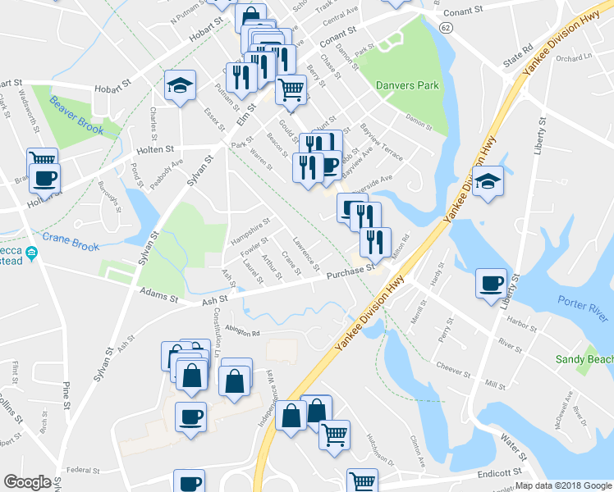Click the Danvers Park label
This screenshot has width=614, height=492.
click(x=407, y=85)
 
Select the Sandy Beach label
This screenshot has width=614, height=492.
click(x=584, y=359)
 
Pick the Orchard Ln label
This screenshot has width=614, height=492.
click(x=573, y=58)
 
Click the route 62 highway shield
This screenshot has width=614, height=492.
click(x=445, y=27)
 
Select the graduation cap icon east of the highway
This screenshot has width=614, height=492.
click(x=488, y=181)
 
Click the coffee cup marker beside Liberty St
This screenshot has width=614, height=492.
click(x=491, y=284)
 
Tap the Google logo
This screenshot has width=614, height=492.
click(x=27, y=482)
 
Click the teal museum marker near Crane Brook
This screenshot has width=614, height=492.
click(x=32, y=253)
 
